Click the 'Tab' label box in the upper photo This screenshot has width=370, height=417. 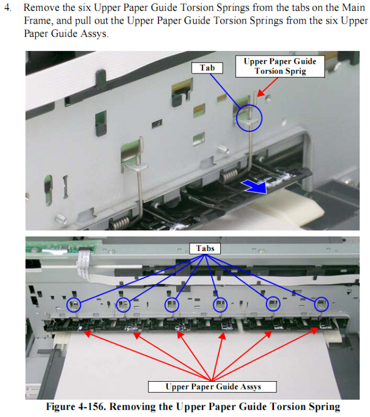(207, 68)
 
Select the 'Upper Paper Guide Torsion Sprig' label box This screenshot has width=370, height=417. (280, 67)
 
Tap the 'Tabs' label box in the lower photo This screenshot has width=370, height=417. (205, 249)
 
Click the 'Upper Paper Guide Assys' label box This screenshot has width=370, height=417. (212, 387)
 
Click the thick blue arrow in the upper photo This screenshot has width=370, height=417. (254, 186)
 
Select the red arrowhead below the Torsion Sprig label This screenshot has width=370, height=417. (261, 93)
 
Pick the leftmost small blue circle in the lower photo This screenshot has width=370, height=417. (73, 304)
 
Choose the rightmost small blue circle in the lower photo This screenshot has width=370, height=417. (321, 304)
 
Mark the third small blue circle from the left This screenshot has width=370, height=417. (172, 305)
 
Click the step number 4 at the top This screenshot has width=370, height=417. (8, 8)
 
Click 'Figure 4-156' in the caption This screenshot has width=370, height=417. (75, 407)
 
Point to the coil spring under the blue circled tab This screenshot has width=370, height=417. (228, 176)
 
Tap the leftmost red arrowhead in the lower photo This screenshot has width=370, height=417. (88, 333)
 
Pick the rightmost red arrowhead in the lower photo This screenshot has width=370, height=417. (314, 331)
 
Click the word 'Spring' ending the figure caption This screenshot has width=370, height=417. (324, 407)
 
